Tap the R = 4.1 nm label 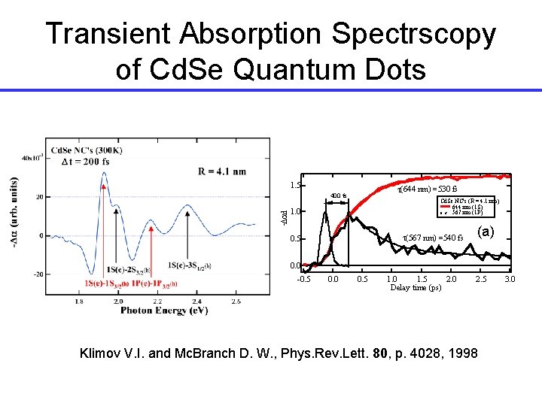(222, 171)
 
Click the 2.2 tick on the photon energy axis (157, 301)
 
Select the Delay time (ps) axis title (416, 288)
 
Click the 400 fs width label (337, 197)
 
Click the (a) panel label (486, 232)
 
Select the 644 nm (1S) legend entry (467, 207)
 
